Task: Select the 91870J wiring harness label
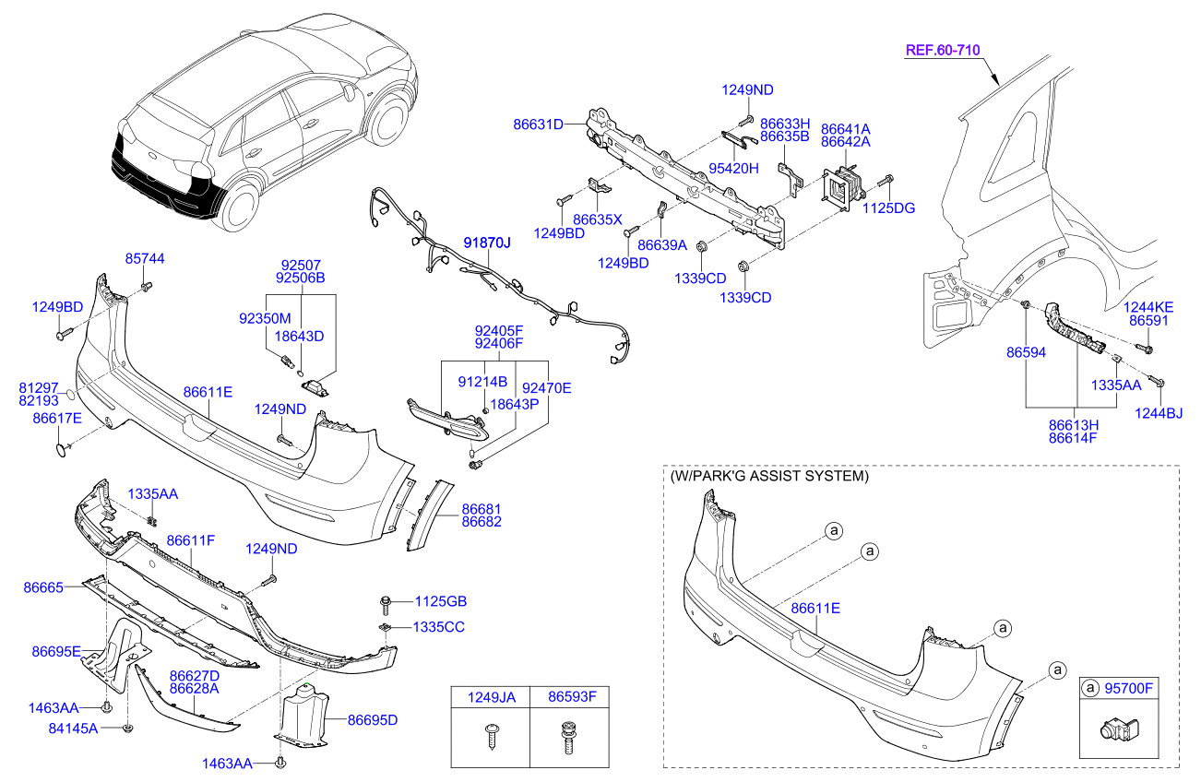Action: tap(486, 243)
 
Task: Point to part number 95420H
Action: tap(733, 168)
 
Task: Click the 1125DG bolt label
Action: tap(888, 208)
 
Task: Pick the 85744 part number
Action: tap(145, 259)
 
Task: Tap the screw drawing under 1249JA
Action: tap(490, 739)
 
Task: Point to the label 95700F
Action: tap(1128, 687)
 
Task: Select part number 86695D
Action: tap(373, 719)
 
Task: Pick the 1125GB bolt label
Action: tap(440, 601)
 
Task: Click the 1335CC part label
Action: tap(438, 627)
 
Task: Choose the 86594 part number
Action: tap(1026, 352)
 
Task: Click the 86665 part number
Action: tap(43, 586)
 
